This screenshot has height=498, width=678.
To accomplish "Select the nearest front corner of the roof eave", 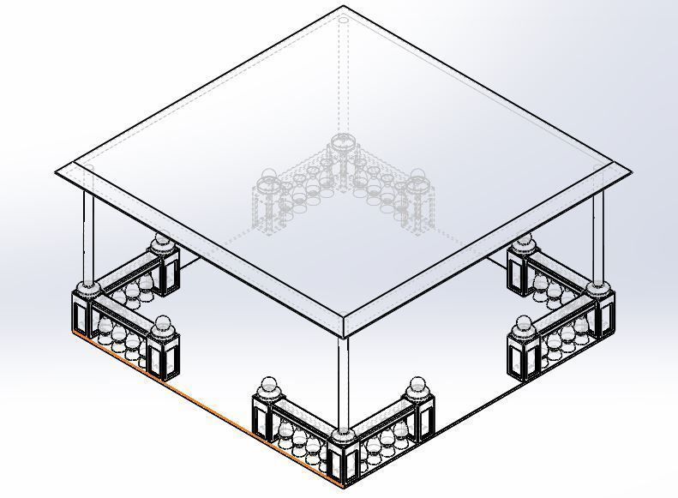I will tap(345, 335).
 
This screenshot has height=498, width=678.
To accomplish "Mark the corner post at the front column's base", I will tap(344, 458).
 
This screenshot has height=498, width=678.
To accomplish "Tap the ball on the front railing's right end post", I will tap(417, 385).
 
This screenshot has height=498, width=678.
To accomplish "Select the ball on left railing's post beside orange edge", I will tap(161, 323).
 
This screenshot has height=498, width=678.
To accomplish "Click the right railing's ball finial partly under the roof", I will tap(525, 241).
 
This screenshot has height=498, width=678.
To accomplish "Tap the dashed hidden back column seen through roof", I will tap(343, 77).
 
